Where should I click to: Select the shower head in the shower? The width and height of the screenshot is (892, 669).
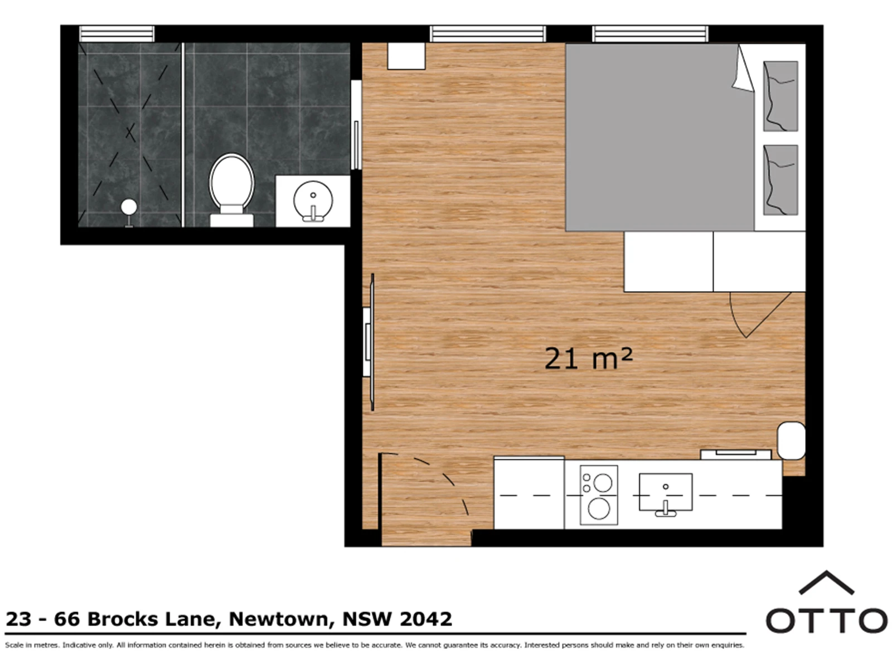[129, 207]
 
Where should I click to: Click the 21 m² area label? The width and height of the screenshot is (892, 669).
[588, 358]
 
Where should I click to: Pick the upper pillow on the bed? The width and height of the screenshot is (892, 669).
[780, 96]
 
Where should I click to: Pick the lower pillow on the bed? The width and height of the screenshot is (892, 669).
[780, 180]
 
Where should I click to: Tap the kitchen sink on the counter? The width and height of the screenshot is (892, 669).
[665, 492]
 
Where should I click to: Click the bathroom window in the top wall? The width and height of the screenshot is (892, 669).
[117, 33]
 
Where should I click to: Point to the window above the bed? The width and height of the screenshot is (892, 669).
[650, 33]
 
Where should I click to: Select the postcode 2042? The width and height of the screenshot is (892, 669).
[426, 619]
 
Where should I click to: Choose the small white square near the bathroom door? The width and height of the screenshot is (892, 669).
[406, 56]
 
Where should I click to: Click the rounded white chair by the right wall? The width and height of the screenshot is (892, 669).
[791, 441]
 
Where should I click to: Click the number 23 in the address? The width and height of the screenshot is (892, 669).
[18, 619]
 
